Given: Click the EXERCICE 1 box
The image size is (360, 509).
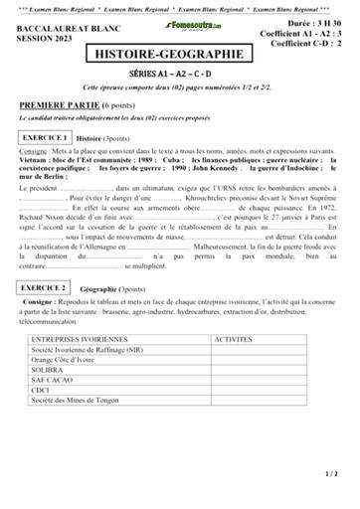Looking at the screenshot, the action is coord(44,137).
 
